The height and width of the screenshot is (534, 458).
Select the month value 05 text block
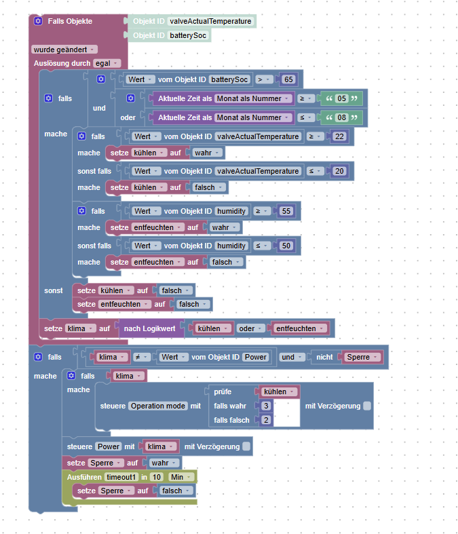point(342,98)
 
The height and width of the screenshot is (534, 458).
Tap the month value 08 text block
point(342,117)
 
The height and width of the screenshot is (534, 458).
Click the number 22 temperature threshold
point(340,136)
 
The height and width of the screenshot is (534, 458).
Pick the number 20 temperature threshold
point(340,171)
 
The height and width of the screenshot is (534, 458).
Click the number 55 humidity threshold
point(286,211)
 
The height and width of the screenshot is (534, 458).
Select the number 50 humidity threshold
point(286,246)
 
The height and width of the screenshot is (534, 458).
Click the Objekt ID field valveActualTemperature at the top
point(210,21)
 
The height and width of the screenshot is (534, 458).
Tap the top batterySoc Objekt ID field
point(189,35)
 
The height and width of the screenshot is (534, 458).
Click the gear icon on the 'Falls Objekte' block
point(38,21)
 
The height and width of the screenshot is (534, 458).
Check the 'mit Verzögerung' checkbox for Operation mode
point(367,406)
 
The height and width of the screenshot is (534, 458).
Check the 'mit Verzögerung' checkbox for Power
point(246,446)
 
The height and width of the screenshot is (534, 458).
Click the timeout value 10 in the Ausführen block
point(157,477)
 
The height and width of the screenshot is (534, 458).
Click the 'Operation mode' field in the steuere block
point(158,406)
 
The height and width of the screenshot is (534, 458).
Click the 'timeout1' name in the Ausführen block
point(122,477)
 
